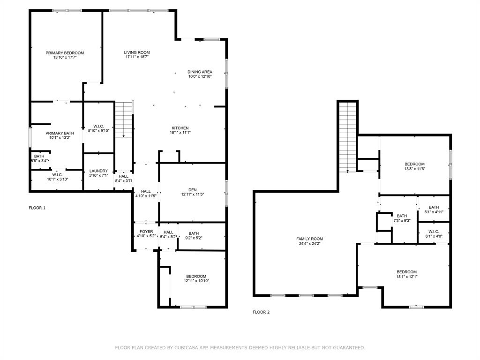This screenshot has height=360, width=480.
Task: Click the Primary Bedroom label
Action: pos(65,53)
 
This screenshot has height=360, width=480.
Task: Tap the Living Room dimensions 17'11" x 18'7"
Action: pos(137,57)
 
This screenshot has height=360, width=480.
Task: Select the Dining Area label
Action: pos(200,72)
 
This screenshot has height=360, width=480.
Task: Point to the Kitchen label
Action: pos(180,128)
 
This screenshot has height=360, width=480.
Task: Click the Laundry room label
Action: pos(98,171)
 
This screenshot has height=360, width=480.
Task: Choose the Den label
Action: pos(192,190)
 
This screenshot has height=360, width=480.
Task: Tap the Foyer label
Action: pos(146,232)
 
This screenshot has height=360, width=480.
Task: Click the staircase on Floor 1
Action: pos(124,120)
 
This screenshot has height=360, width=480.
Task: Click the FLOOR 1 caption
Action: pos(37,208)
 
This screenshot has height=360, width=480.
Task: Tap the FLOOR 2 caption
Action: pos(261,312)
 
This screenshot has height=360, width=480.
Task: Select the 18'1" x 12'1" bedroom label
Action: pos(406,272)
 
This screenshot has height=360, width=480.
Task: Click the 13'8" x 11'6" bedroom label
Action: pos(414,164)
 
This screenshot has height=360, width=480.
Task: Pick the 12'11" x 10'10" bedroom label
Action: pos(196,276)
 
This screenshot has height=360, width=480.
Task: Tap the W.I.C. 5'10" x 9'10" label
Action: pos(98,126)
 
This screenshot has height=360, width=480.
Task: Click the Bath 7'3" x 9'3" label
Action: pos(402,216)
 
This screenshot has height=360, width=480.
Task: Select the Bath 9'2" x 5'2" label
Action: pos(194,233)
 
